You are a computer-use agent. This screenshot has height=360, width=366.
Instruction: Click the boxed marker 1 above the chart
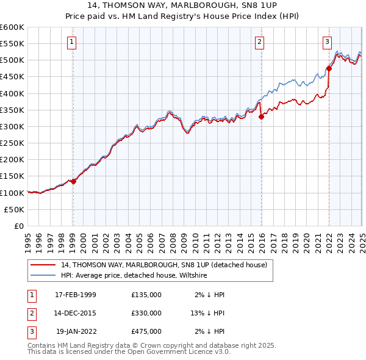click(x=72, y=42)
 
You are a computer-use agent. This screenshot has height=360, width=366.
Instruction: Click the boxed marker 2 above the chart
click(x=259, y=42)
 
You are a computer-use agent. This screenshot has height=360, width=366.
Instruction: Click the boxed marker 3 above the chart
click(x=327, y=42)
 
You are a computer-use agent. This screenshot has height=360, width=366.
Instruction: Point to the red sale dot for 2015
click(x=260, y=117)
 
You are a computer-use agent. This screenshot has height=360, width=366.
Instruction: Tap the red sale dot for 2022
click(x=329, y=68)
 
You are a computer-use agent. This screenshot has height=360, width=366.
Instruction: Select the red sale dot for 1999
click(x=73, y=181)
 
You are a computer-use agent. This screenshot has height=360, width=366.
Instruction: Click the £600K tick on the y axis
click(x=12, y=27)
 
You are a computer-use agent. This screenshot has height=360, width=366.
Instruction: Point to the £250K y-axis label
click(x=12, y=143)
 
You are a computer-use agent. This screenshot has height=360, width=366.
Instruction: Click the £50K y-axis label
click(x=15, y=209)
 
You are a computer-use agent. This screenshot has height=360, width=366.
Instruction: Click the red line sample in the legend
click(x=43, y=265)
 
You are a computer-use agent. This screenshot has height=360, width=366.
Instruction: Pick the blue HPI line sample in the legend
click(x=43, y=276)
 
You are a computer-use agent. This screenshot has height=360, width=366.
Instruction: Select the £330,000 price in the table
click(x=146, y=313)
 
